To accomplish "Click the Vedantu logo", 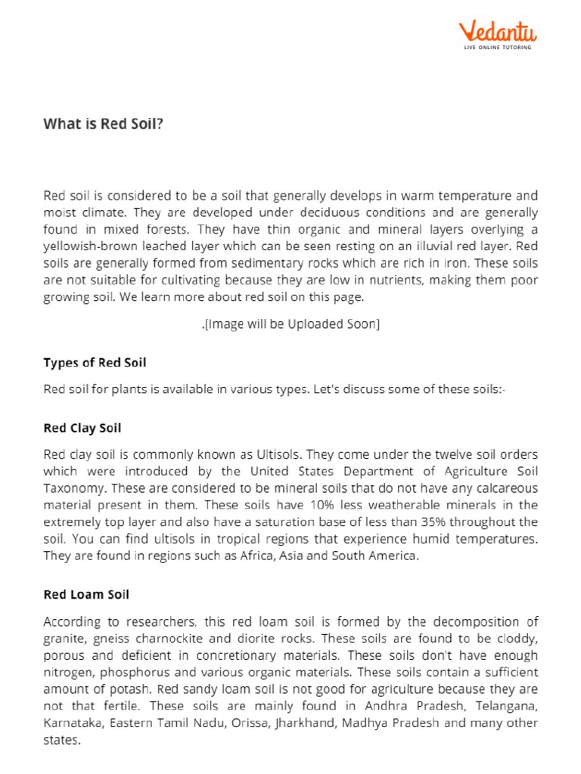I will coord(498,33).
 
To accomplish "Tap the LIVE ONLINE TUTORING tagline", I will coord(498,48).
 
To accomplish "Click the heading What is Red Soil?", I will coord(103,125).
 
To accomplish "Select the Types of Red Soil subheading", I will coord(95,363).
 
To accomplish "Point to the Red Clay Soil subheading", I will coord(82,428).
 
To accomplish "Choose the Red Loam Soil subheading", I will coord(86,594).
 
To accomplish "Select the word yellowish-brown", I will coord(85,246).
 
